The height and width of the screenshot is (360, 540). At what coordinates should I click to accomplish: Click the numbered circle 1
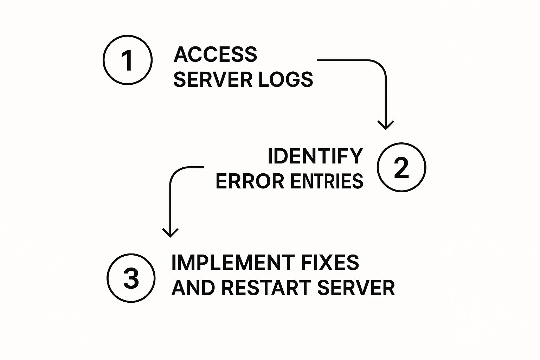[128, 60]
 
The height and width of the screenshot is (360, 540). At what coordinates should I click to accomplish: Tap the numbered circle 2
[401, 167]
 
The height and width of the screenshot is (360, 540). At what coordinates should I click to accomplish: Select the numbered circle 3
[131, 278]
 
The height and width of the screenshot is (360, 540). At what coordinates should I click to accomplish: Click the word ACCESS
[215, 54]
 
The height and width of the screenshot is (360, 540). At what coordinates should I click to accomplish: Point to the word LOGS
[285, 79]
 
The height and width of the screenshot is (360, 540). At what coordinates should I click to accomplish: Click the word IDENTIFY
[315, 156]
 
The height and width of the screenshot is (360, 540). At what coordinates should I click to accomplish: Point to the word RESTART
[266, 288]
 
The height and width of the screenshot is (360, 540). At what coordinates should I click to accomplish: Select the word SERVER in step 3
[356, 288]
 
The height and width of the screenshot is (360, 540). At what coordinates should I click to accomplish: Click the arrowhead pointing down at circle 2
[386, 125]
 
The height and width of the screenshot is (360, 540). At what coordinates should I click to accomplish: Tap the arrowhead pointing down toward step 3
[170, 233]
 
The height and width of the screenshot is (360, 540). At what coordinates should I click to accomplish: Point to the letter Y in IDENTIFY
[356, 156]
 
